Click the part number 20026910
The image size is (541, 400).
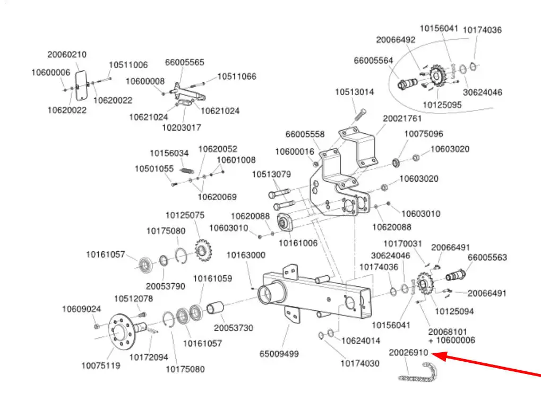408,353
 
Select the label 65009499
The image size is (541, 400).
279,354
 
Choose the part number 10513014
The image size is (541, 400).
354,92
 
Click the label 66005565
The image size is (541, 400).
184,62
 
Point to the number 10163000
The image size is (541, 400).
246,255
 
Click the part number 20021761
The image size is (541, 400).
402,118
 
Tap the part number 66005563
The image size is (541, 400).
487,258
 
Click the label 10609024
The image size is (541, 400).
81,309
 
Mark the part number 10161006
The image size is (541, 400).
298,243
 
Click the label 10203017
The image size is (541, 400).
181,127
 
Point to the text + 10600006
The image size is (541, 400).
451,340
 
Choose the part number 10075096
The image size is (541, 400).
424,134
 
